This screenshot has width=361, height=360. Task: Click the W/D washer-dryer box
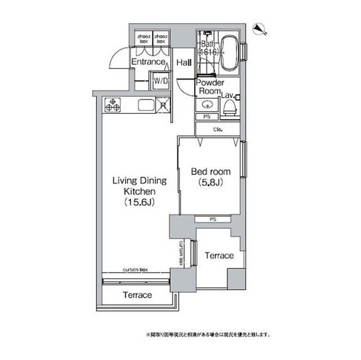click(x=161, y=81)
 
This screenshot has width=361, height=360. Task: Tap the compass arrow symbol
click(x=259, y=29)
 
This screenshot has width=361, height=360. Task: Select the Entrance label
click(x=148, y=62)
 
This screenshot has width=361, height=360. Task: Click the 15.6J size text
click(x=139, y=203)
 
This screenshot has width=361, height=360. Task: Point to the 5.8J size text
click(x=208, y=183)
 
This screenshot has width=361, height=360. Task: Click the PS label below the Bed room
click(x=212, y=219)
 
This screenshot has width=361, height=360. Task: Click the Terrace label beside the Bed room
click(x=219, y=256)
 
